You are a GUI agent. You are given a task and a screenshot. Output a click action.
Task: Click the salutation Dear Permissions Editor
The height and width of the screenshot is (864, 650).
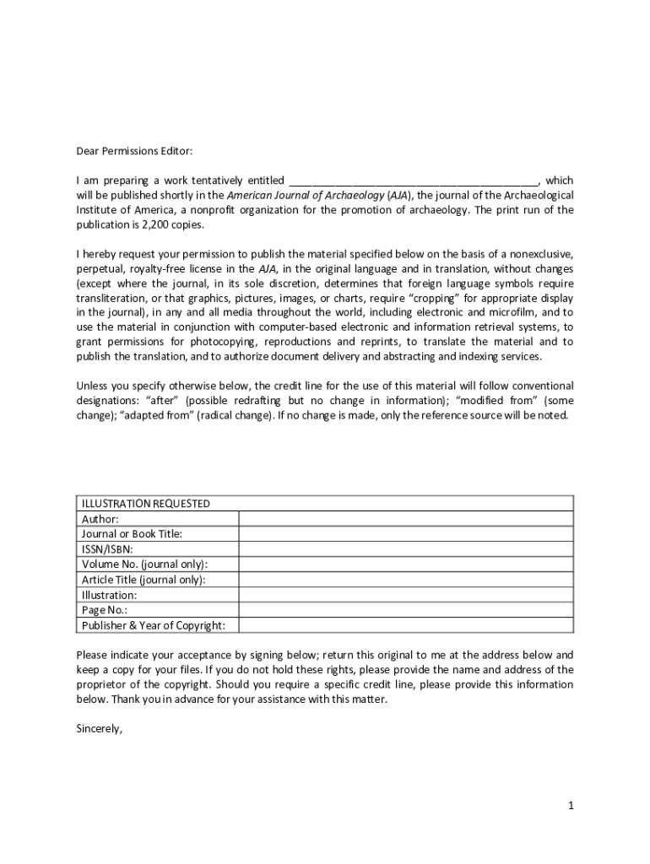pyautogui.click(x=134, y=151)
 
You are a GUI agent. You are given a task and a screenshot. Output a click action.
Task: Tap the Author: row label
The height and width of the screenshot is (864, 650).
pyautogui.click(x=100, y=519)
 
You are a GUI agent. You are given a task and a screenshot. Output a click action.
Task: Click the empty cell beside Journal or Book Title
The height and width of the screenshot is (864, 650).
pyautogui.click(x=405, y=534)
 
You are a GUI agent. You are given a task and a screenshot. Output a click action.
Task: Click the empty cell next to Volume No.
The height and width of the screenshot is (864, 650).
pyautogui.click(x=405, y=564)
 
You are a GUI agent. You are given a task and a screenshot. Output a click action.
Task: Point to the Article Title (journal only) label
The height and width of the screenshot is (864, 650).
pyautogui.click(x=143, y=580)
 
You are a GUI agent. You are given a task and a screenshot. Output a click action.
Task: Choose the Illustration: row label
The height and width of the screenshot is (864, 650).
pyautogui.click(x=109, y=595)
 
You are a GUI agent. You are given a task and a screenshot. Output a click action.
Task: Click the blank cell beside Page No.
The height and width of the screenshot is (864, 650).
pyautogui.click(x=405, y=610)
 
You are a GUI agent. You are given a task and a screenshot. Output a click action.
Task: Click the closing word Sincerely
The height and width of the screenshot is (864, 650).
pyautogui.click(x=100, y=730)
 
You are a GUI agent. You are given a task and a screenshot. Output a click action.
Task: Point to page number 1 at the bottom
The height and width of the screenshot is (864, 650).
pyautogui.click(x=571, y=806)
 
